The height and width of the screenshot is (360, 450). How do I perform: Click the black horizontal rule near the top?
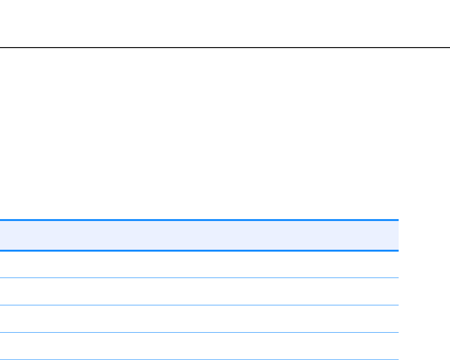(x=225, y=48)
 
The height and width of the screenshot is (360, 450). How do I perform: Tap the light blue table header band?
(x=199, y=235)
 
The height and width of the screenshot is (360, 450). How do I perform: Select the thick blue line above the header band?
(x=199, y=220)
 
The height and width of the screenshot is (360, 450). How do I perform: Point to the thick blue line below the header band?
(x=199, y=250)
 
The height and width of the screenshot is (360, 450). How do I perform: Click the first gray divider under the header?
(x=199, y=278)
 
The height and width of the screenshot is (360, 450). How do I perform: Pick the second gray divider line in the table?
(x=199, y=305)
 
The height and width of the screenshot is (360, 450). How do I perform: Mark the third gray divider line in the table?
(x=199, y=332)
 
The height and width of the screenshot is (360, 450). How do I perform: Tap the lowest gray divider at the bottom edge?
(x=199, y=360)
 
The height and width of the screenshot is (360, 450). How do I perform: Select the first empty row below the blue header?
(x=199, y=264)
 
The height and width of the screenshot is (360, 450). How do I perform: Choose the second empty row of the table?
(x=199, y=291)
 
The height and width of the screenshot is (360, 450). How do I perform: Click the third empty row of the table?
(x=199, y=319)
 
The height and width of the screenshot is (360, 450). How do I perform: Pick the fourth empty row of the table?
(x=199, y=346)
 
